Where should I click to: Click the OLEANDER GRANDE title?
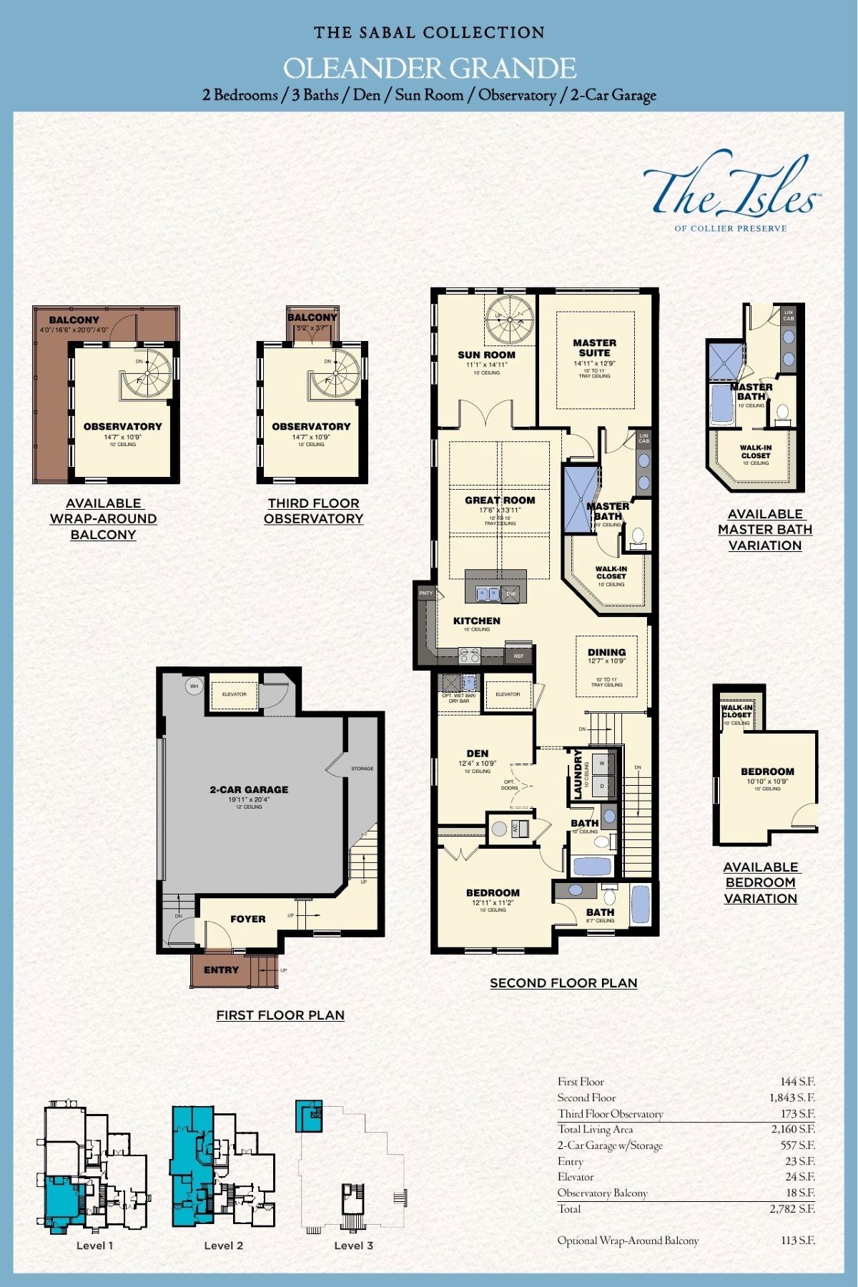pos(429,69)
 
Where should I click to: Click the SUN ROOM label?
pos(486,355)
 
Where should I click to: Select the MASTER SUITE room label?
pos(594,347)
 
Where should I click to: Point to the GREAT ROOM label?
pos(500,500)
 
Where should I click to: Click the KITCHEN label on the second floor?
pos(476,621)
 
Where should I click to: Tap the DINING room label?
pos(606,652)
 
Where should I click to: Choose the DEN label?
pos(477,754)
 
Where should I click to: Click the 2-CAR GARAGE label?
pos(249,789)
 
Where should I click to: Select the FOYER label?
pos(247,919)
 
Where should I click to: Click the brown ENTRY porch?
pos(222,970)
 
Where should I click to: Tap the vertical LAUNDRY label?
pos(578,774)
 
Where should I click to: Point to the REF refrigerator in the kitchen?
pos(518,655)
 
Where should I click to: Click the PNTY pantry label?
pos(426,593)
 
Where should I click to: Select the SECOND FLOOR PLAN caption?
pos(563,983)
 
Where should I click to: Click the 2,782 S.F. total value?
pos(792,1209)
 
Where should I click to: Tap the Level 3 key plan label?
pos(353,1246)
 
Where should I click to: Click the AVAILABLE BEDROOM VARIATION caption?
pos(760,882)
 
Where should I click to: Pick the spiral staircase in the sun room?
pos(509,319)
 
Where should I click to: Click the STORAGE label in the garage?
pos(362,769)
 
